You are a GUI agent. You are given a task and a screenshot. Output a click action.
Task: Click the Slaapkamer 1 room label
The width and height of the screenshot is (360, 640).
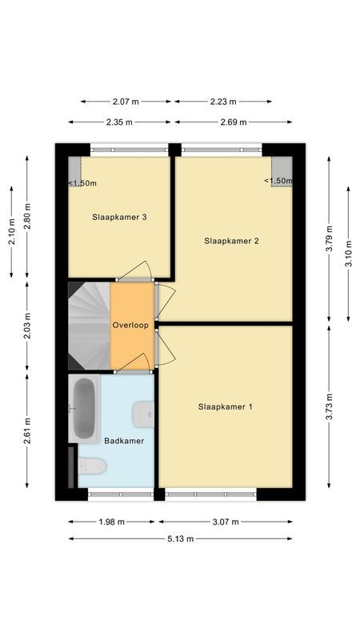(x=226, y=406)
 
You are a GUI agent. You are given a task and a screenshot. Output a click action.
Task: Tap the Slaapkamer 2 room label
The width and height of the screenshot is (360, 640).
(x=231, y=240)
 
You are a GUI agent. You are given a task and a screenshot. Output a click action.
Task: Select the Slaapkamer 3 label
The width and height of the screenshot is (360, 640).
(x=119, y=217)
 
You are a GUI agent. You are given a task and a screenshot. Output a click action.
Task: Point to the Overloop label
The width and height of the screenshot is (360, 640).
(x=131, y=326)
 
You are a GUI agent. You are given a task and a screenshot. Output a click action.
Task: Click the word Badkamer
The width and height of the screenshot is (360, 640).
(x=124, y=441)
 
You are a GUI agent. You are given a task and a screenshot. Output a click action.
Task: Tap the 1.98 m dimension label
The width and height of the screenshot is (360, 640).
(x=111, y=522)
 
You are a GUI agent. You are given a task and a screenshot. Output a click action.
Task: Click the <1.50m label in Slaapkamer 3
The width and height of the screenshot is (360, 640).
(x=82, y=183)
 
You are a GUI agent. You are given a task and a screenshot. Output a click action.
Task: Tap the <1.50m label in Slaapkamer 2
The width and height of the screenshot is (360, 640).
(x=278, y=181)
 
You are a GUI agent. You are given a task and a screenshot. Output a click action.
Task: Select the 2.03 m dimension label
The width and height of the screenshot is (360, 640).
(x=27, y=325)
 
